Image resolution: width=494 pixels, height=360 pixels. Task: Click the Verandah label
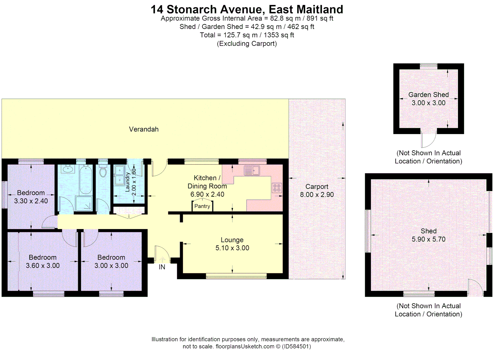point(144,129)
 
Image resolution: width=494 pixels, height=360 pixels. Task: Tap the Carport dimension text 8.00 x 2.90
point(317,195)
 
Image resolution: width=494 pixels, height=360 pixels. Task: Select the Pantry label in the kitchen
point(202,206)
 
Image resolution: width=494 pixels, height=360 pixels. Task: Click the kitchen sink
point(252,170)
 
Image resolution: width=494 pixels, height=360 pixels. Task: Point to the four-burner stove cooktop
point(277,188)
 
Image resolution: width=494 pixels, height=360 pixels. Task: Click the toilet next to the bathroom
point(103,171)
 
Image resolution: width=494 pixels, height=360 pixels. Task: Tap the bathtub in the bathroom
point(86,180)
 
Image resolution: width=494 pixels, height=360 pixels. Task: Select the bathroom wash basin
point(68,169)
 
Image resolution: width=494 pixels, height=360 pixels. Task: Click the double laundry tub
point(119,175)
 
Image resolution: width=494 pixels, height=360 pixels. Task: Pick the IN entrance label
point(162,267)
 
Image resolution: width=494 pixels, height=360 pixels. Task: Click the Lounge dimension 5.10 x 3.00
point(232,248)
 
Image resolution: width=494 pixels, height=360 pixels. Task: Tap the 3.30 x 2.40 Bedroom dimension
point(31,201)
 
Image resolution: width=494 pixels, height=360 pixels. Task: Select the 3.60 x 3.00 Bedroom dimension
point(43,266)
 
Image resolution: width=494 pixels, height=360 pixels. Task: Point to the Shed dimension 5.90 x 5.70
point(428,239)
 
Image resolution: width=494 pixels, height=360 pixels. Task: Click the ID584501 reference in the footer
point(296,346)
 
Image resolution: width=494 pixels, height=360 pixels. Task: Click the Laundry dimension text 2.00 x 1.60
point(134,182)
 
